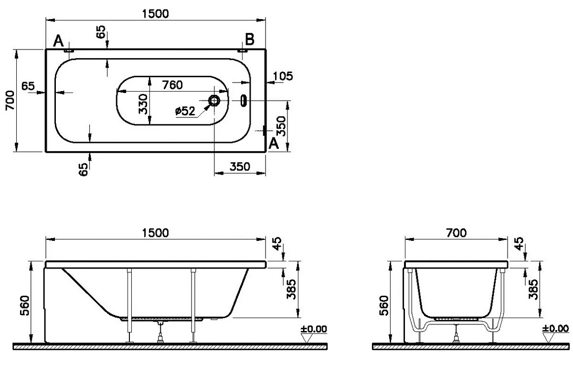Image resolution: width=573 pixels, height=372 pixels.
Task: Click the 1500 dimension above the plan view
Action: (x=155, y=13)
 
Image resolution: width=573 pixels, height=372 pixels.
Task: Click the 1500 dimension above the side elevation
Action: (x=155, y=233)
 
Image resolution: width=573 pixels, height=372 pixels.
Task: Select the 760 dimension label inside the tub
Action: (x=172, y=85)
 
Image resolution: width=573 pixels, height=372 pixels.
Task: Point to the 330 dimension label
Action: (x=143, y=104)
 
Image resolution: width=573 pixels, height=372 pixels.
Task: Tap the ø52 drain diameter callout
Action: (x=185, y=111)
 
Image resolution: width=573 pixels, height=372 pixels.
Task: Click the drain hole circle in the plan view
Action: (x=214, y=101)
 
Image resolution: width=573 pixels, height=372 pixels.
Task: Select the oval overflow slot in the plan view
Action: (x=244, y=101)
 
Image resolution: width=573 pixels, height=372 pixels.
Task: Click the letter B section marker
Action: (x=250, y=39)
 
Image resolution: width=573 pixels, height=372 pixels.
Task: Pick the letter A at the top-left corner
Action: (x=58, y=41)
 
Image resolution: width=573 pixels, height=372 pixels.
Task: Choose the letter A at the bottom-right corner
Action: (x=274, y=144)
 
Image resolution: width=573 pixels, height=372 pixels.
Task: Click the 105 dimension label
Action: (x=283, y=76)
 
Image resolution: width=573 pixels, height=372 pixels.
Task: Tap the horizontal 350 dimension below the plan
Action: (x=240, y=166)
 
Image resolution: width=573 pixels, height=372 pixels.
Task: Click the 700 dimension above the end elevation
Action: (x=456, y=233)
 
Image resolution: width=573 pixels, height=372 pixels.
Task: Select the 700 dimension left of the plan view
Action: (x=10, y=101)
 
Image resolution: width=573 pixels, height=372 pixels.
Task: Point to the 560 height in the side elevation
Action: (x=25, y=306)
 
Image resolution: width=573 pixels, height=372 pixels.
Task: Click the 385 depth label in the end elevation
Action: (x=533, y=289)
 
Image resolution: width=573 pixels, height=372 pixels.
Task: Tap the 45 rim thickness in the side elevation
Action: (x=277, y=244)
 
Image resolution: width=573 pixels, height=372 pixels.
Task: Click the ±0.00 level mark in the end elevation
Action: (x=555, y=328)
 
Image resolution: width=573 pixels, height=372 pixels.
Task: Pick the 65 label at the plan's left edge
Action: (x=28, y=86)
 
